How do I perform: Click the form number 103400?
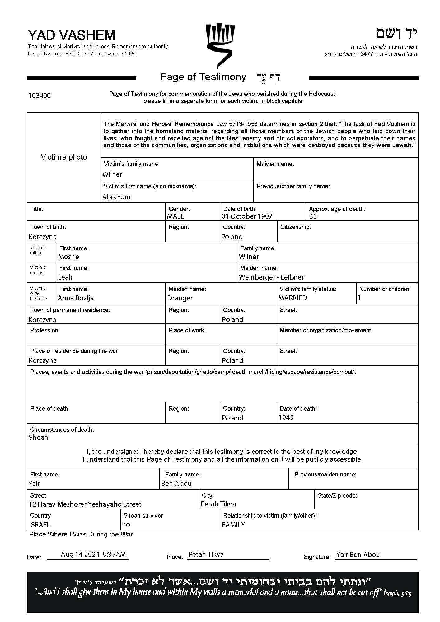click(40, 95)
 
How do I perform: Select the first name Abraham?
click(116, 197)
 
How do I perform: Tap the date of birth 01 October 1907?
click(247, 216)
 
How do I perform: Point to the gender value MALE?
click(176, 216)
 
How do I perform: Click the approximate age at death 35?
click(313, 216)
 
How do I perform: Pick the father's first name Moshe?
click(69, 257)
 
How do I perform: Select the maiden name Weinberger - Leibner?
click(271, 277)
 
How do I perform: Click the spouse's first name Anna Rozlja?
click(76, 298)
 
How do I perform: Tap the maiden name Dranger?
click(180, 298)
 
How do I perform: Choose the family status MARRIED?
click(293, 298)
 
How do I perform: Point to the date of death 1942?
click(286, 418)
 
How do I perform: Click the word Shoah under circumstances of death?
click(39, 437)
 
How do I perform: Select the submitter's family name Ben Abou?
click(176, 483)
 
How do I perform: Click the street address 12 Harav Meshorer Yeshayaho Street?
click(85, 504)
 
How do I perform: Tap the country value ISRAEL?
click(40, 525)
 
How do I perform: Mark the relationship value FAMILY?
click(233, 525)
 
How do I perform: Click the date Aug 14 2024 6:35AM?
click(93, 554)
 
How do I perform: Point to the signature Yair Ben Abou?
click(358, 555)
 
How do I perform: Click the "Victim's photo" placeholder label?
click(64, 157)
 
